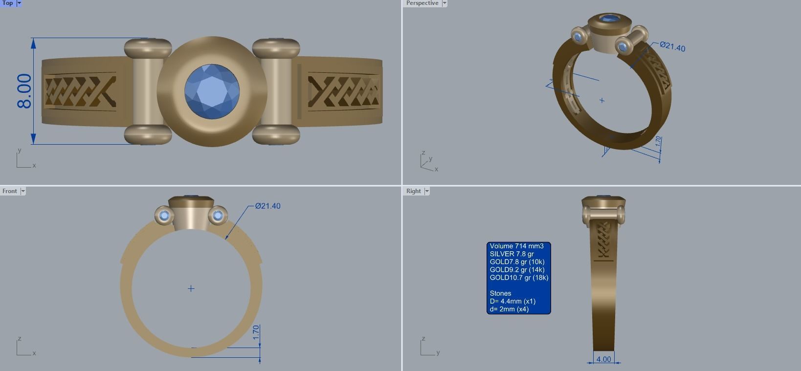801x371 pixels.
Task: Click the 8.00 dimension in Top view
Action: [24, 91]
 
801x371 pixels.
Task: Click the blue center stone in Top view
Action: [212, 91]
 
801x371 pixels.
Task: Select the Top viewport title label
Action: [8, 3]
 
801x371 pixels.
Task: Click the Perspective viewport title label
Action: [422, 3]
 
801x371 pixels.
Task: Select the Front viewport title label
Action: [9, 191]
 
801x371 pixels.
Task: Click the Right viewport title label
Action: [413, 191]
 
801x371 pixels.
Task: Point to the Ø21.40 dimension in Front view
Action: [267, 206]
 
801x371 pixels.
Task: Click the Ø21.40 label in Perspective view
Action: [672, 47]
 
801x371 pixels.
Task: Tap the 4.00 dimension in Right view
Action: [603, 359]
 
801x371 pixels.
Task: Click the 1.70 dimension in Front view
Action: [256, 333]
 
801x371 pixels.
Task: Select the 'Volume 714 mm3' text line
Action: [516, 246]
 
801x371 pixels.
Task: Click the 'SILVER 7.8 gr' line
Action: [512, 254]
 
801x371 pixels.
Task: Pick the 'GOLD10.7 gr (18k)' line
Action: [519, 278]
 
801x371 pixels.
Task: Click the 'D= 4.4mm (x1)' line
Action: [512, 301]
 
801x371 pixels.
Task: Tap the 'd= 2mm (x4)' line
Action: [509, 309]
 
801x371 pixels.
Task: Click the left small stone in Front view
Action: [164, 216]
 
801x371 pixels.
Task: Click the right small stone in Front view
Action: [218, 216]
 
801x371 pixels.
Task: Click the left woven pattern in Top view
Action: [80, 92]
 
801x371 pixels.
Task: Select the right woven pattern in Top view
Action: [343, 91]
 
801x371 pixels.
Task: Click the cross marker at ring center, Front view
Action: [191, 288]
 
